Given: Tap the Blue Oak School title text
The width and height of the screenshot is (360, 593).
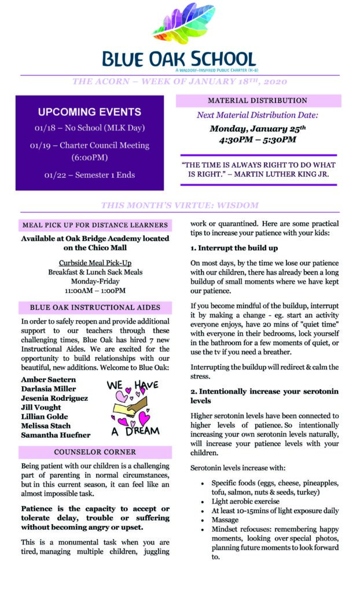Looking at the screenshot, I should (179, 58).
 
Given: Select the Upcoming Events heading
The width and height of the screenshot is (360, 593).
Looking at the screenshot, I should (90, 112).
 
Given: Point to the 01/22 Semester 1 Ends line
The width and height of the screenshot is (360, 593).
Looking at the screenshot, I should (89, 174).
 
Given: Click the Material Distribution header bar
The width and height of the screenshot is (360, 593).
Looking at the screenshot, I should (258, 101).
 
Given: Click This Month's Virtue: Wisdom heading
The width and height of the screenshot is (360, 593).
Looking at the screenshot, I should (179, 205).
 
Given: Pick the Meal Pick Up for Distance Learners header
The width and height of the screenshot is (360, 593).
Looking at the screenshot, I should (95, 225).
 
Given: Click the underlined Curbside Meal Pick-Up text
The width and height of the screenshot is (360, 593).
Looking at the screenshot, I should (95, 262).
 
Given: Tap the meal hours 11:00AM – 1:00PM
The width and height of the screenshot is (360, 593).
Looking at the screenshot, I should (95, 290).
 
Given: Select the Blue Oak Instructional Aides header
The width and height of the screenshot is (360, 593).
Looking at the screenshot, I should (95, 308).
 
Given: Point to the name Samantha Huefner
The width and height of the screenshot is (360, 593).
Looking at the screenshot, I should (56, 435).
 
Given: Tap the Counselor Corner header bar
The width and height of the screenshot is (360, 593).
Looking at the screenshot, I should (95, 452).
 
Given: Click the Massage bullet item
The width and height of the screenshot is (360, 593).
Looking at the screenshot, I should (225, 520).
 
